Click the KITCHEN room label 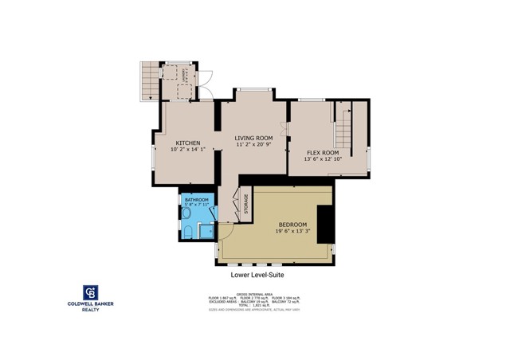[188, 143]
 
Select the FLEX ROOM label [323, 152]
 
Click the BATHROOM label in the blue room [196, 200]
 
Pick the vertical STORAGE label [246, 205]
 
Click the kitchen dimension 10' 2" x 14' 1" [188, 149]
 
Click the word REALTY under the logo [93, 311]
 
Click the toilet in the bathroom [187, 232]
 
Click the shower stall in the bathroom [206, 232]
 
